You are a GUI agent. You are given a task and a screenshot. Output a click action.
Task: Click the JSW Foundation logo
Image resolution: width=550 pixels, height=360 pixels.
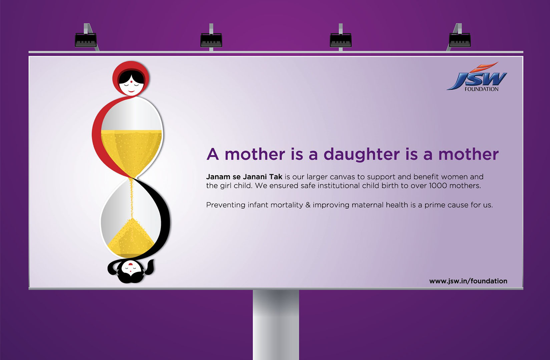click(477, 77)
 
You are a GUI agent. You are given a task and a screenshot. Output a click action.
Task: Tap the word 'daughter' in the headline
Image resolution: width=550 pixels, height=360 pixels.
click(362, 155)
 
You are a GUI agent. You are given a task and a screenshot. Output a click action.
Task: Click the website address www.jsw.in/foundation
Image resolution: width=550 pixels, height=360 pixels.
click(468, 281)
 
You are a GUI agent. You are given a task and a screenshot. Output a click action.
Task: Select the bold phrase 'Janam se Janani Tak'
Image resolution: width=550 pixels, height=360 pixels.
click(244, 177)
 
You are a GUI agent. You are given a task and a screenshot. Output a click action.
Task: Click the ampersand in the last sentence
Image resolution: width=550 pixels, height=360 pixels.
click(308, 205)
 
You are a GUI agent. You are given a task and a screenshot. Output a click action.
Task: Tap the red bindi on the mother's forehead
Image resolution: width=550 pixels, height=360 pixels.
click(132, 81)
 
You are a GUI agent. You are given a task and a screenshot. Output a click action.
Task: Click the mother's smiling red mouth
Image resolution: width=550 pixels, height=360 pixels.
click(131, 91)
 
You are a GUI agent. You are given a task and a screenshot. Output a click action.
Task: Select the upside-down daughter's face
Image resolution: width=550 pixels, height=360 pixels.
click(131, 268)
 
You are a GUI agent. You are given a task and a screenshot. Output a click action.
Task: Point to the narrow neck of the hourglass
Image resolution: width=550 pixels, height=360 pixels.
click(132, 178)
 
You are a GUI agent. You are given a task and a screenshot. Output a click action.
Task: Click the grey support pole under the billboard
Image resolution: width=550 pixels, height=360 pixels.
click(276, 325)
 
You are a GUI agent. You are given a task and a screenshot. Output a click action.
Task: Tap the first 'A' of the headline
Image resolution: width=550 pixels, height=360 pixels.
click(213, 154)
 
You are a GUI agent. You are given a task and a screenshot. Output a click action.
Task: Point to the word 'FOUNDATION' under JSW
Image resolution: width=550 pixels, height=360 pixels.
click(482, 89)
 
